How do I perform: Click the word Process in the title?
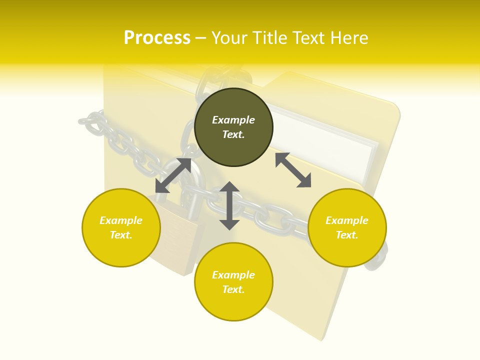pyautogui.click(x=157, y=38)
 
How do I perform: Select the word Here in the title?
pyautogui.click(x=348, y=38)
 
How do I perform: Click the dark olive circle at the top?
pyautogui.click(x=233, y=127)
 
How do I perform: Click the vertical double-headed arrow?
pyautogui.click(x=229, y=205)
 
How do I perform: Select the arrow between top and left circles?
pyautogui.click(x=173, y=175)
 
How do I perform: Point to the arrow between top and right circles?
pyautogui.click(x=293, y=170)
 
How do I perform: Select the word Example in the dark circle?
pyautogui.click(x=233, y=120)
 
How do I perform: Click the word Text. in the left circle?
pyautogui.click(x=121, y=235)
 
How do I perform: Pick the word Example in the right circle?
pyautogui.click(x=347, y=220)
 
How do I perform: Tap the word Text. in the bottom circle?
pyautogui.click(x=233, y=289)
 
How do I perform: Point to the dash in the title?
pyautogui.click(x=201, y=38)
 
